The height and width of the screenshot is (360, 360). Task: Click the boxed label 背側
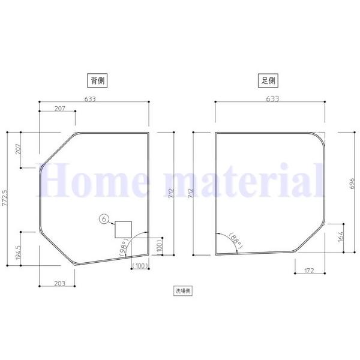pos(98,80)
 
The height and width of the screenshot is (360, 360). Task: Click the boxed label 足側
pos(268,80)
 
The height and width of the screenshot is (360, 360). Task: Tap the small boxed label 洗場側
pos(183,291)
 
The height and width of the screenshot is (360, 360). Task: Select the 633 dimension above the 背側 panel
pos(90,99)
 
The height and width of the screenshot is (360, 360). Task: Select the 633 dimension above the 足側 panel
pos(272,99)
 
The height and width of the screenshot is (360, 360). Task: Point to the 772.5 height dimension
pos(5,198)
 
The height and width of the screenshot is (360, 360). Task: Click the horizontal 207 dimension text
pos(60,109)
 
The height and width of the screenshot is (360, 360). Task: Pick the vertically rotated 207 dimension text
pos(19,149)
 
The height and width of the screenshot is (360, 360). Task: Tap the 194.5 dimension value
pos(19,253)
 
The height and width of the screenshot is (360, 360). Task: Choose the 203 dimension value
pos(59,284)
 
